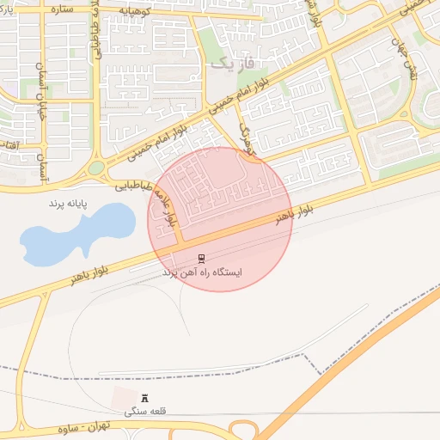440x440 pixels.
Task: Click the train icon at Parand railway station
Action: [201, 259]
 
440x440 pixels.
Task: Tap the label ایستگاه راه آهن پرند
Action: [203, 272]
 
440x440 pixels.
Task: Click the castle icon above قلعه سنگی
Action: [144, 399]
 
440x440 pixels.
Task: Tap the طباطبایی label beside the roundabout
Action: [134, 184]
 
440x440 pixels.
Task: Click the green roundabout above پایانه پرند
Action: [96, 168]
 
